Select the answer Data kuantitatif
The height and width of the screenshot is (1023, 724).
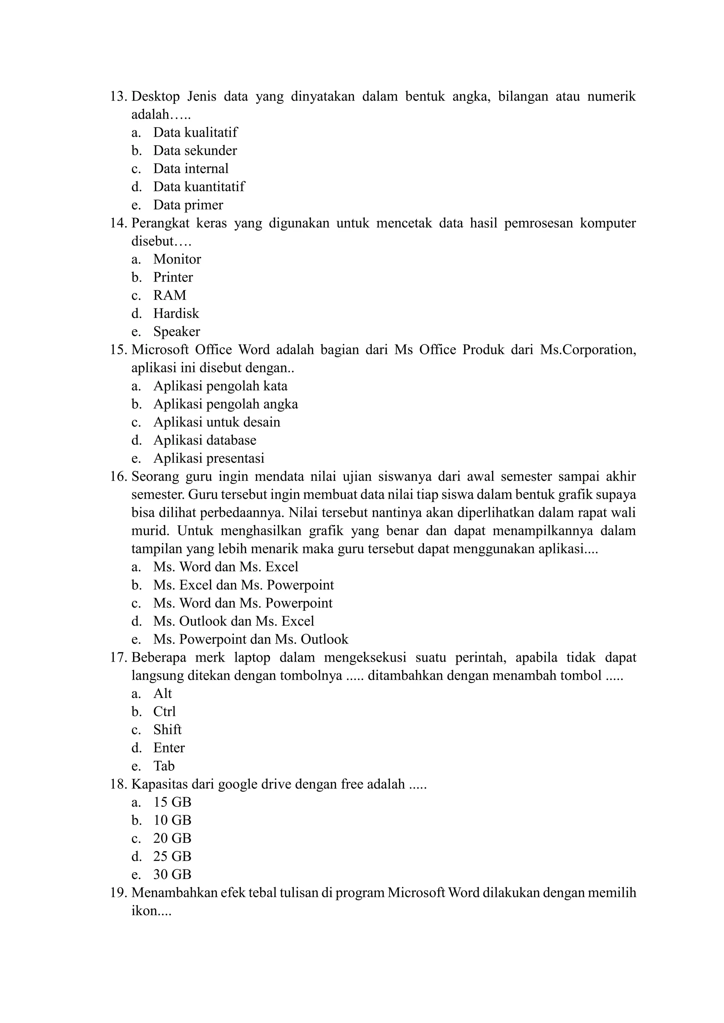199,187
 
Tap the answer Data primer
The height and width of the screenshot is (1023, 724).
188,205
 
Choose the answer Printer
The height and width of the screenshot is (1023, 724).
173,277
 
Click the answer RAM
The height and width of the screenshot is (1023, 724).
169,295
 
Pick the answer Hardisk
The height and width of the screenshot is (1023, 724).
176,314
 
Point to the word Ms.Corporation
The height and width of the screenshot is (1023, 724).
588,350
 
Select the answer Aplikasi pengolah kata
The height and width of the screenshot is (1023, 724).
220,386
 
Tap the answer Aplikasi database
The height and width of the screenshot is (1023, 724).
205,440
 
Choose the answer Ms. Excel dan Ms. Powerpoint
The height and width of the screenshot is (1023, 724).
244,585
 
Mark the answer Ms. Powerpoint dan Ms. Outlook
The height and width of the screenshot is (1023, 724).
251,639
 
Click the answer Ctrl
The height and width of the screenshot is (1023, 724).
164,711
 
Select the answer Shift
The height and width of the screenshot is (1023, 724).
167,730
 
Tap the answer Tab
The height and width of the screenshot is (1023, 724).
164,766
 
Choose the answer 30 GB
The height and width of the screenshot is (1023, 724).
172,875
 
